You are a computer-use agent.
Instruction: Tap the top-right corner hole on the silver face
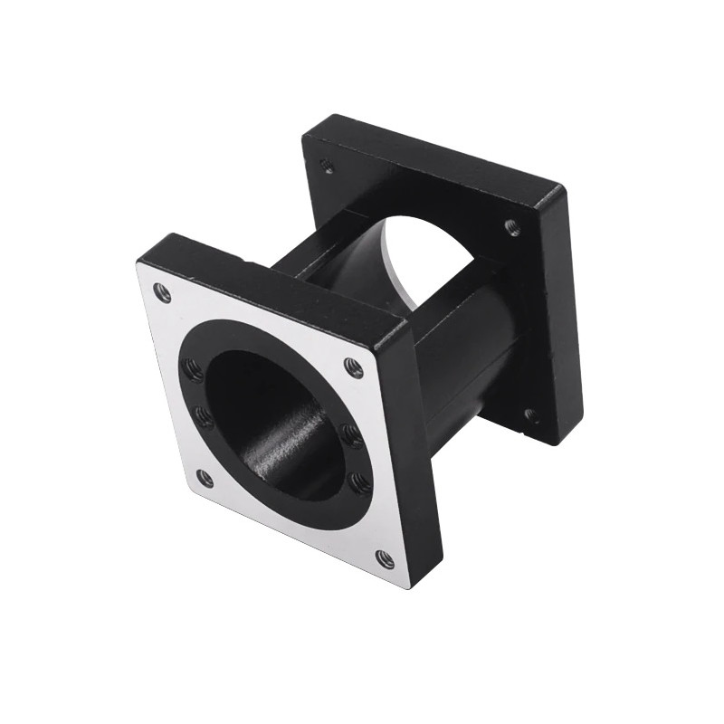[x=353, y=367]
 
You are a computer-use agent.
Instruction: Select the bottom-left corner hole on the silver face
[x=205, y=479]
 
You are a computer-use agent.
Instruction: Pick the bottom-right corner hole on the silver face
[x=384, y=558]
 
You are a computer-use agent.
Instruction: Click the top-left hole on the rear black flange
[x=328, y=167]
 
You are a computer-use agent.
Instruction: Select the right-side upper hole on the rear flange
[x=513, y=226]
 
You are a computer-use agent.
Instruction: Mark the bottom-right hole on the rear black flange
[x=531, y=415]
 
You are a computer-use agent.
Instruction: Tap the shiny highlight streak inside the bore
[x=288, y=442]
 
